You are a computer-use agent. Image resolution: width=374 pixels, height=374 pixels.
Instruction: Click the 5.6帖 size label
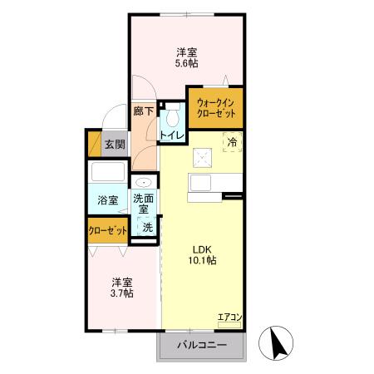(185, 62)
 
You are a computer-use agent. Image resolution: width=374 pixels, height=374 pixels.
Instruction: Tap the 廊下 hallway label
(143, 111)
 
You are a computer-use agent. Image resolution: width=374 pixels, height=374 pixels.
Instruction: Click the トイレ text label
(172, 135)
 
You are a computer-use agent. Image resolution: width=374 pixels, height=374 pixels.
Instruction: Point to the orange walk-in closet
(214, 107)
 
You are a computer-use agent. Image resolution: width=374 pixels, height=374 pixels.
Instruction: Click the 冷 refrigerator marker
(233, 142)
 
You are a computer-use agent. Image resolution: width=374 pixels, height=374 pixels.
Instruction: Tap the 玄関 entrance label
(115, 145)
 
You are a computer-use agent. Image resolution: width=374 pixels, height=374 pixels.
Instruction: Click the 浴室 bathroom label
(107, 200)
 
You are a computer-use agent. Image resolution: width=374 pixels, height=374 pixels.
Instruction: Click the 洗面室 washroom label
(145, 204)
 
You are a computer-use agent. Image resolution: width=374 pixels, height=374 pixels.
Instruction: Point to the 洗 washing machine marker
(146, 227)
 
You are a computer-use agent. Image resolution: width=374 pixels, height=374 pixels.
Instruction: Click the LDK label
(204, 248)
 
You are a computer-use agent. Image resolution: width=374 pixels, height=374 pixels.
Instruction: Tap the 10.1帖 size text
(204, 260)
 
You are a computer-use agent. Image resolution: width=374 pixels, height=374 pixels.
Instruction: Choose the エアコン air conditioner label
(229, 317)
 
